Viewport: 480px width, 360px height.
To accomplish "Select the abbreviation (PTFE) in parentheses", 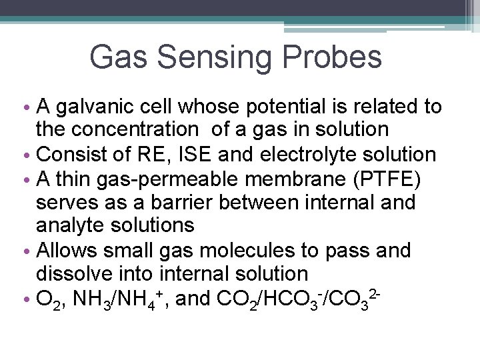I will [380, 178].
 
